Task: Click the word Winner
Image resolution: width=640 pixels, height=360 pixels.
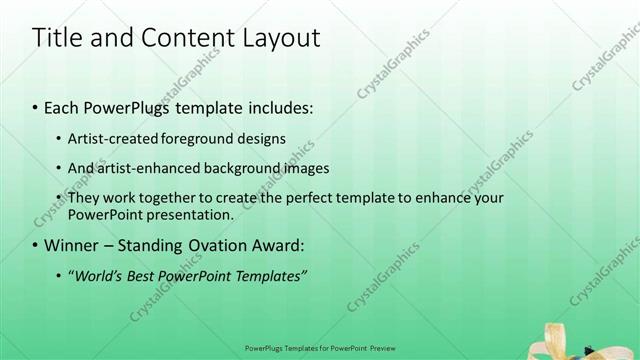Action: pos(71,245)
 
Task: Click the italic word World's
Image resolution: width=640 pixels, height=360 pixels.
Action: pos(98,275)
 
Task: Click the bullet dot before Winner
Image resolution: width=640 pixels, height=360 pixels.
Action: pos(36,245)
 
